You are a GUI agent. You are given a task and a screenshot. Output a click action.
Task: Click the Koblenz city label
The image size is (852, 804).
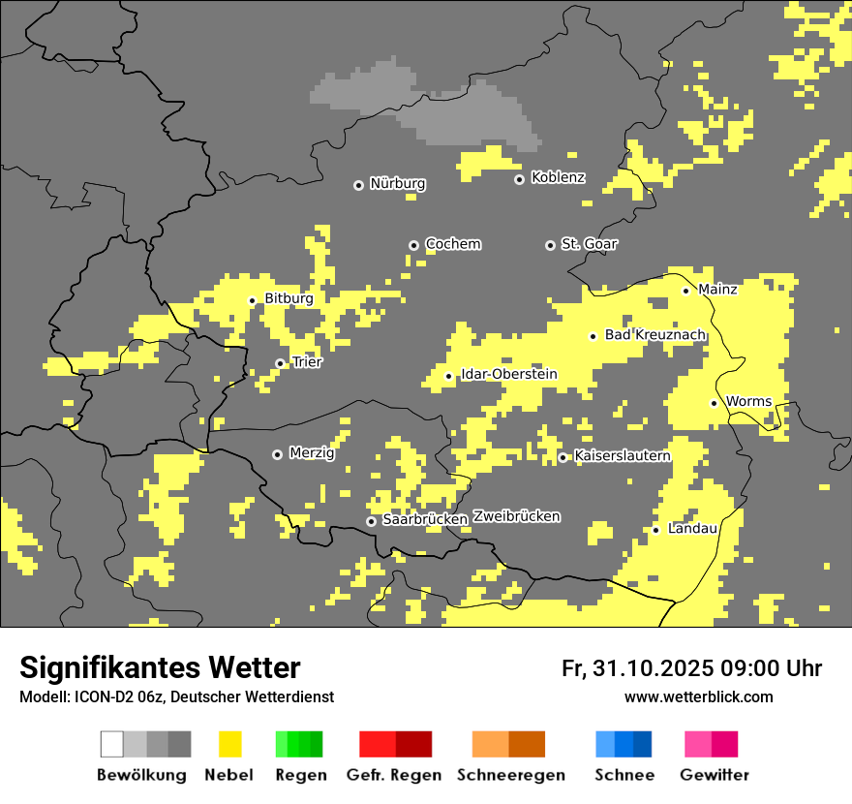tap(558, 178)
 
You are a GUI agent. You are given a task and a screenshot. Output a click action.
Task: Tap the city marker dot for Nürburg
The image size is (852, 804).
tap(358, 184)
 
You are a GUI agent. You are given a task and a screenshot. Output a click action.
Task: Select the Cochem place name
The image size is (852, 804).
tap(453, 244)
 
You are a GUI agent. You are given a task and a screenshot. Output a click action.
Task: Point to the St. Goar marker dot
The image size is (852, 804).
tap(550, 245)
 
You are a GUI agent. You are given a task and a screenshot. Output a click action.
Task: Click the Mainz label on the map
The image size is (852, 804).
tap(717, 290)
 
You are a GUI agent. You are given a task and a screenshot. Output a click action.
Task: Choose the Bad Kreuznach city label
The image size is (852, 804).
tap(654, 335)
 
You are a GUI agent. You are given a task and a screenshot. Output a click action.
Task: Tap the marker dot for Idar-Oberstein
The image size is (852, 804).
tap(448, 376)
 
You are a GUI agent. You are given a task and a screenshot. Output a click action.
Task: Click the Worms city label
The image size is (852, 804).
tap(748, 402)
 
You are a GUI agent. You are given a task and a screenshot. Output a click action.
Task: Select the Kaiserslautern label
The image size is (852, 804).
tap(622, 456)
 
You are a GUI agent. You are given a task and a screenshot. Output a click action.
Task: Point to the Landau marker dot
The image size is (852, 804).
tap(655, 530)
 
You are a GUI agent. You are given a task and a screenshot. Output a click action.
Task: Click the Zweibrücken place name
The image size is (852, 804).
tap(517, 517)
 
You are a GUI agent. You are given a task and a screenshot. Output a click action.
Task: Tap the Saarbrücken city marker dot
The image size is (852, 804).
tap(371, 521)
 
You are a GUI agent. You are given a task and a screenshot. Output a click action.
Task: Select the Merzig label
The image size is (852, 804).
tap(312, 453)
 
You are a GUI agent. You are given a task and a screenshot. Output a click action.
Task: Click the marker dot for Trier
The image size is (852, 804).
tap(280, 363)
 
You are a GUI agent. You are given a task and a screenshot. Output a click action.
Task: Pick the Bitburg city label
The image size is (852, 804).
tap(289, 299)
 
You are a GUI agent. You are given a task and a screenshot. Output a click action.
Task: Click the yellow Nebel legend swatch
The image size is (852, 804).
tap(229, 744)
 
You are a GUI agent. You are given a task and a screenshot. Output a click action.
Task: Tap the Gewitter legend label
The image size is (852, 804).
tap(714, 775)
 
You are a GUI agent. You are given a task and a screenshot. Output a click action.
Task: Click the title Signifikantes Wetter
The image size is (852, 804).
tap(160, 668)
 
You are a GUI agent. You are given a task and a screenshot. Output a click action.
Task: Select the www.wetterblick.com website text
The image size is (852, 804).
tap(698, 697)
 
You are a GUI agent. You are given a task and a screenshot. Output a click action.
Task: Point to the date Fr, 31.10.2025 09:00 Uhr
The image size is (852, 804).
tap(691, 668)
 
